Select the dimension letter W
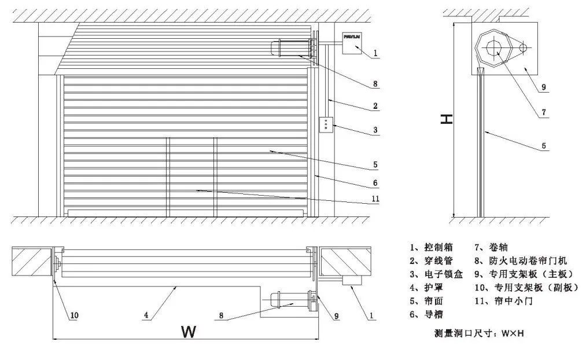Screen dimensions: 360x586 coord(187,332)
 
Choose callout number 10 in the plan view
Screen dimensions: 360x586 coord(74,315)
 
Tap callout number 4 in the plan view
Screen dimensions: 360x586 coord(146,315)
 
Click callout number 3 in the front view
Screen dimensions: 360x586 coord(375,131)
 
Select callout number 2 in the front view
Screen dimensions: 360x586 coord(375,106)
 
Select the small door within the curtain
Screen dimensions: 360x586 coord(191,177)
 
